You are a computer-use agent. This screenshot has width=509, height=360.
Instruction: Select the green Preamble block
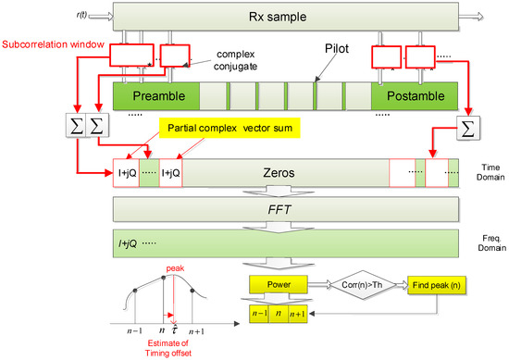(x=155, y=95)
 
